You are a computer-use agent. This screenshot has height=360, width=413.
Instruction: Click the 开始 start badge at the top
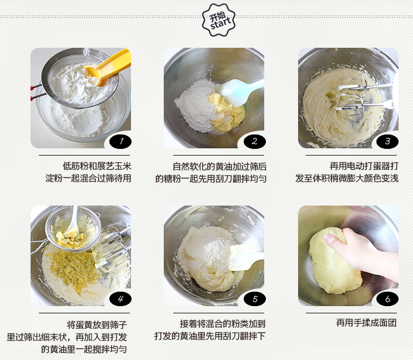[x=218, y=20]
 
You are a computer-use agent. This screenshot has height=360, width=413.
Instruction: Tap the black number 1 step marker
[x=120, y=141]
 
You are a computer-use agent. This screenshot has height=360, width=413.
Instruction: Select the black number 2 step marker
[x=254, y=141]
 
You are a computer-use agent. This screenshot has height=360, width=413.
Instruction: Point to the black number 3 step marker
[x=387, y=141]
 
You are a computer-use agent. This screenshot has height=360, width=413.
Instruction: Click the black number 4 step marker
[x=120, y=299]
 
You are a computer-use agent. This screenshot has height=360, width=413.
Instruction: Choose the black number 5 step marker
[x=254, y=299]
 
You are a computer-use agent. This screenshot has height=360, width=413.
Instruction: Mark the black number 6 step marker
[x=387, y=299]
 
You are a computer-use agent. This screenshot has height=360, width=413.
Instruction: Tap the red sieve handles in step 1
[x=36, y=92]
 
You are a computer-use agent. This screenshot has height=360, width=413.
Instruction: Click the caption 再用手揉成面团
[x=366, y=323]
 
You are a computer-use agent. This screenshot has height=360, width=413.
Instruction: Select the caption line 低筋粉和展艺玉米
[x=97, y=166]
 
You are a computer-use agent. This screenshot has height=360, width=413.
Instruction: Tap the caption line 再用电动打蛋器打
[x=364, y=166]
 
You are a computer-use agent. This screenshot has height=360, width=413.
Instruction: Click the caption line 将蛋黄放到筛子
[x=97, y=324]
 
